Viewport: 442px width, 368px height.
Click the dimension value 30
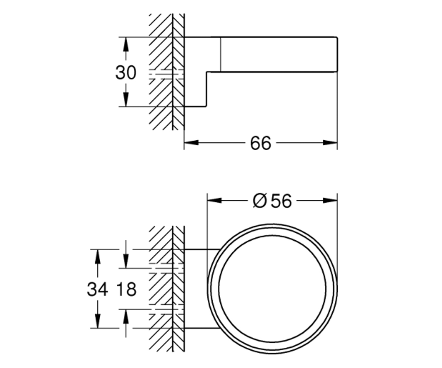coord(126,72)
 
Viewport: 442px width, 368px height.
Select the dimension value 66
coord(260,143)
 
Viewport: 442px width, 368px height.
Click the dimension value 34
coord(97,290)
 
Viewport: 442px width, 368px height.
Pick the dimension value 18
coord(126,290)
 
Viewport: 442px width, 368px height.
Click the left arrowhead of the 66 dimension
coord(192,143)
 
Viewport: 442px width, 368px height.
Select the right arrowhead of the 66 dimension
coord(330,143)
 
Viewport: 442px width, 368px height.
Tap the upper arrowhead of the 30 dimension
coord(126,44)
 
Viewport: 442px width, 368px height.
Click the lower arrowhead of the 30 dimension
coord(126,99)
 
